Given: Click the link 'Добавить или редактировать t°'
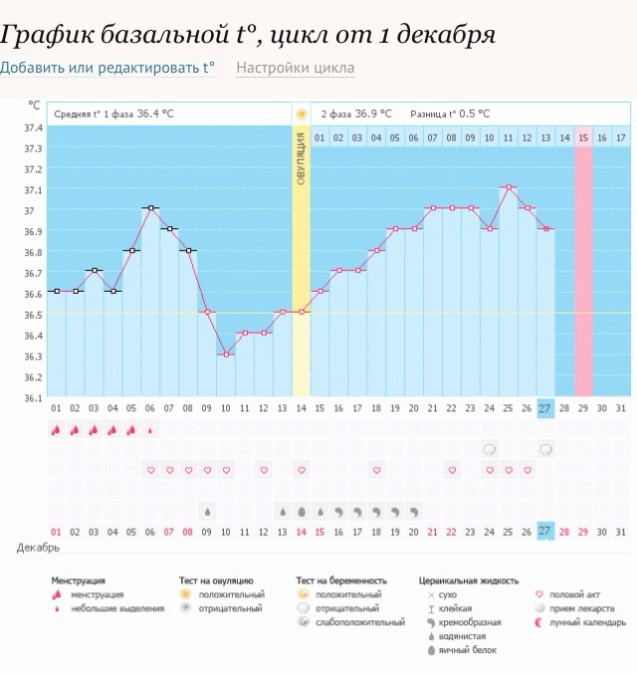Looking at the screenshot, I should pyautogui.click(x=107, y=68).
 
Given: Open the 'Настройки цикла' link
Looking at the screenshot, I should pyautogui.click(x=295, y=68).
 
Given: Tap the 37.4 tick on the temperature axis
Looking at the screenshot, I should pyautogui.click(x=33, y=127).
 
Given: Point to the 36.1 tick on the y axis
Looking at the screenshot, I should pyautogui.click(x=33, y=398).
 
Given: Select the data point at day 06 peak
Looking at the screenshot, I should pyautogui.click(x=149, y=208).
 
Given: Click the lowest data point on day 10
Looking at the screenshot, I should pyautogui.click(x=226, y=354).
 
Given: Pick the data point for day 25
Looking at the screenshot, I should pyautogui.click(x=508, y=187).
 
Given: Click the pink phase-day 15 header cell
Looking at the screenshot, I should pyautogui.click(x=583, y=137).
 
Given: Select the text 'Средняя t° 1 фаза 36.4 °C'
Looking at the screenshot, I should pyautogui.click(x=113, y=113).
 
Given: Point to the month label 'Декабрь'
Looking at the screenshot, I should pyautogui.click(x=38, y=547).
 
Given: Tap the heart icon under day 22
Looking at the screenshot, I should pyautogui.click(x=451, y=470).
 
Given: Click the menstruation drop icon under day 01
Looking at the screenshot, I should pyautogui.click(x=56, y=430).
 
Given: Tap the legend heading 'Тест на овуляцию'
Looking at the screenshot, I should pyautogui.click(x=216, y=579).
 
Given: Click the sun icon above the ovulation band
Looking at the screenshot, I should pyautogui.click(x=301, y=113).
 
